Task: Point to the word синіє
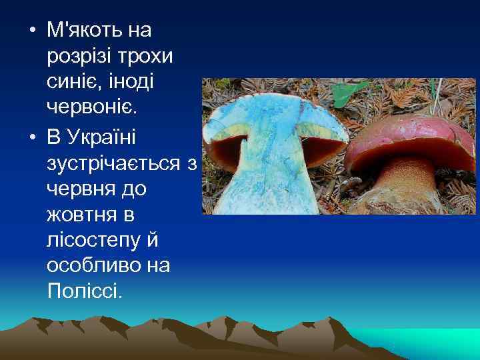75,82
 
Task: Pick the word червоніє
92,108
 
